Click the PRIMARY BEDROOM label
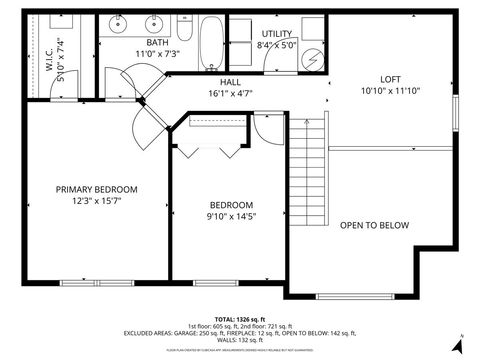click(96, 189)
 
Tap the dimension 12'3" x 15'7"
click(96, 201)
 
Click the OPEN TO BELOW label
click(374, 225)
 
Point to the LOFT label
click(391, 80)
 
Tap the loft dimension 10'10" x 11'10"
click(391, 92)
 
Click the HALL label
click(230, 82)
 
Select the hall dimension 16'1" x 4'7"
click(230, 93)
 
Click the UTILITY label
click(276, 33)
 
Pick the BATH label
click(157, 43)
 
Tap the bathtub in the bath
click(210, 43)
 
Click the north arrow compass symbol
click(459, 344)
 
